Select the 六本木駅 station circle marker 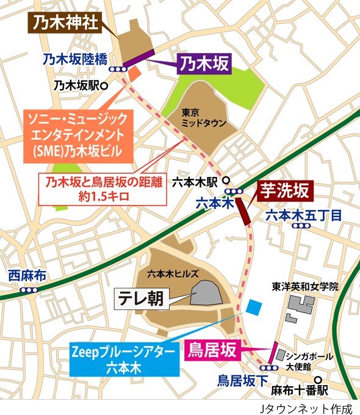[x=226, y=181]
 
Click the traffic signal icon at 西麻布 [x=26, y=290]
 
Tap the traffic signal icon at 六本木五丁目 [x=300, y=226]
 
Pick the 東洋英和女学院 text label [x=304, y=286]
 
